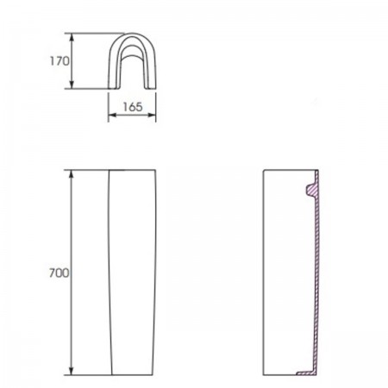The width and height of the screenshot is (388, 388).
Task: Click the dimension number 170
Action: coord(59,61)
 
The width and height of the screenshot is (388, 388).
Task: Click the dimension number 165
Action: coord(133,107)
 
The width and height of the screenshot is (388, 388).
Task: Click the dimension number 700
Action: coord(59,272)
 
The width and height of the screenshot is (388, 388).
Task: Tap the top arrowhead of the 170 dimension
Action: coord(72,38)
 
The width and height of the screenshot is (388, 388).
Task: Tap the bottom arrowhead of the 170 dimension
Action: coord(72,84)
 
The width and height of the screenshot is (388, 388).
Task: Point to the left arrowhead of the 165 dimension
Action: coord(112,115)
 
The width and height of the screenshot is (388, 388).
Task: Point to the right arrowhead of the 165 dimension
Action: coord(152,115)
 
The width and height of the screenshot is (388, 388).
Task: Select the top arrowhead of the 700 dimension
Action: coord(72,174)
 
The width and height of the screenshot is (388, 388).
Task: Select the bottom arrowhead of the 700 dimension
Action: coord(72,371)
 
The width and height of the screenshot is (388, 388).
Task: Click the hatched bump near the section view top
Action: coord(310,190)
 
